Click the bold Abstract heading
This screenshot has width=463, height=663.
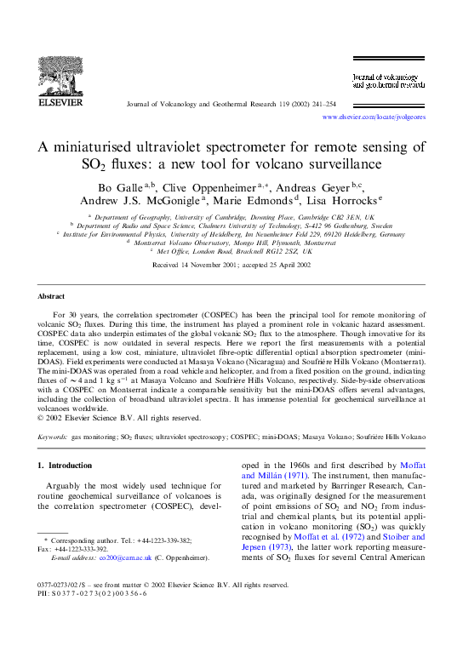tap(52, 295)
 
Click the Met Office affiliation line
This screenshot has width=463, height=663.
tap(231, 251)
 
